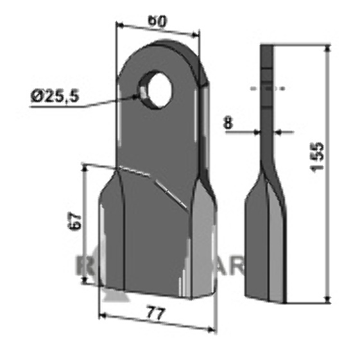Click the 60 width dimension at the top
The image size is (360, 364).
tap(159, 21)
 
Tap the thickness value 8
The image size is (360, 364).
tap(230, 123)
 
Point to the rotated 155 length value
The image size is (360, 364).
tap(318, 157)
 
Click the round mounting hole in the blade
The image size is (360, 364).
tap(158, 88)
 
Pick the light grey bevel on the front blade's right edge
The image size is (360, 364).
tap(205, 244)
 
